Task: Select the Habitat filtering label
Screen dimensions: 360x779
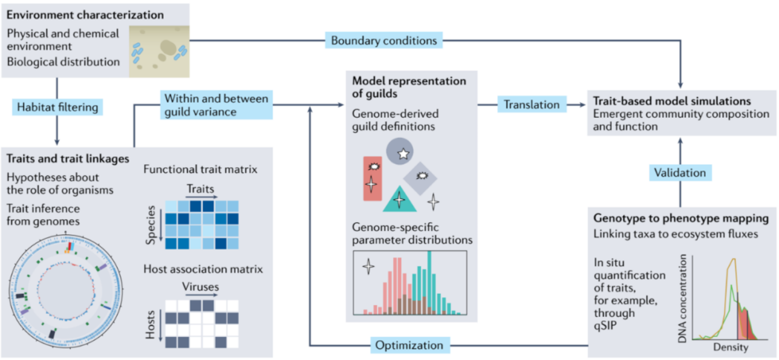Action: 57,107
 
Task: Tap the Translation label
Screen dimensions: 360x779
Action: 531,104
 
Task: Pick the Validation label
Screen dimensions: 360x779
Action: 679,172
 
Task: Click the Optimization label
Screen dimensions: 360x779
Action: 409,346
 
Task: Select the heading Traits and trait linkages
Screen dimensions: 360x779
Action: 68,157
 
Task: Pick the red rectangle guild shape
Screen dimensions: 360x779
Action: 372,178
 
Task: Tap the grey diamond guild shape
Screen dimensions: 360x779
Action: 422,176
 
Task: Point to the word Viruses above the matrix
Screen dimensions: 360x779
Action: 200,286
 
